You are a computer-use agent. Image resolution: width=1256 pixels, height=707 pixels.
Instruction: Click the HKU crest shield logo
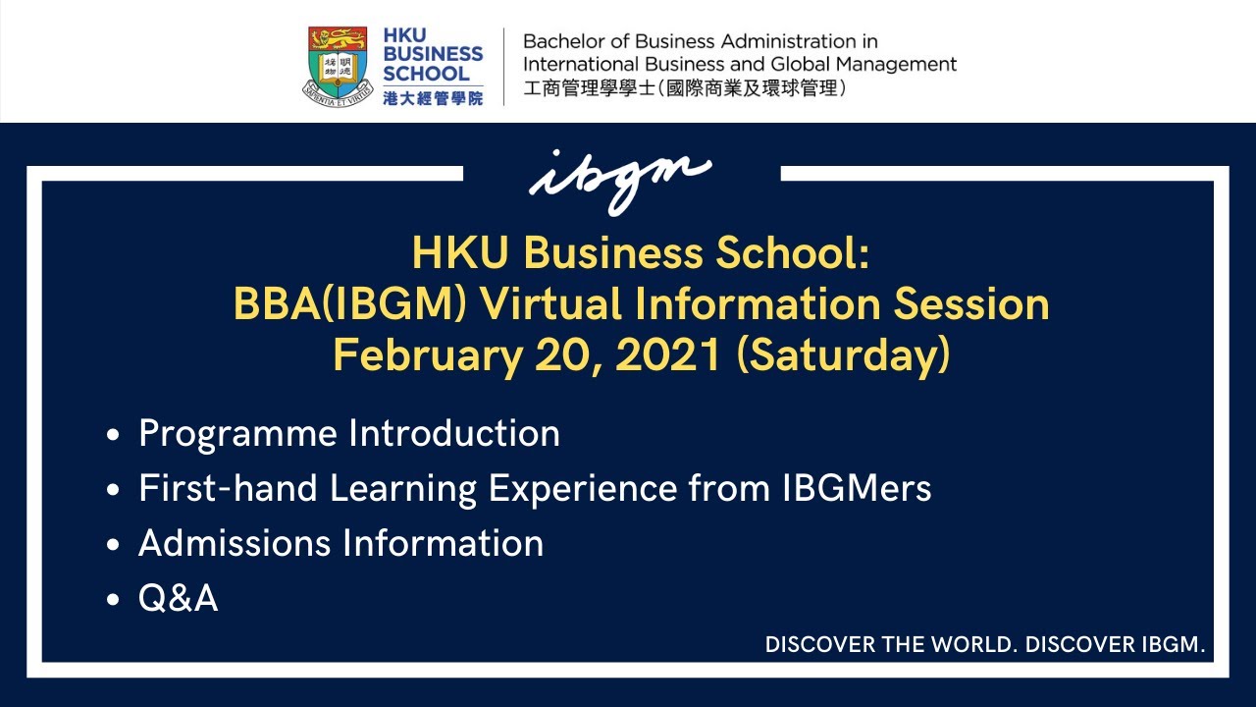pyautogui.click(x=338, y=65)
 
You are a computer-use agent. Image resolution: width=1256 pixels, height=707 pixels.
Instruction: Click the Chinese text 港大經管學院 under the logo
pyautogui.click(x=433, y=98)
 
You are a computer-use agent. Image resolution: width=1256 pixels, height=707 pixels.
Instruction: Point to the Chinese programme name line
pyautogui.click(x=685, y=89)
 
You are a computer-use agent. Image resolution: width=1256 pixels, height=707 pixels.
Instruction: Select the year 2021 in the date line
pyautogui.click(x=672, y=355)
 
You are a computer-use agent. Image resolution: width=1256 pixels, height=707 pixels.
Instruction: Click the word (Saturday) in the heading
pyautogui.click(x=843, y=355)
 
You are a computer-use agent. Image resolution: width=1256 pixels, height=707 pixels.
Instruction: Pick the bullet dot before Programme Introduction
pyautogui.click(x=115, y=435)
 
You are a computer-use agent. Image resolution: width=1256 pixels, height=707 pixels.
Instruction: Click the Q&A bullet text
pyautogui.click(x=179, y=598)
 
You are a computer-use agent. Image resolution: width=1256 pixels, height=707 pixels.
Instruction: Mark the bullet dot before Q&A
pyautogui.click(x=115, y=599)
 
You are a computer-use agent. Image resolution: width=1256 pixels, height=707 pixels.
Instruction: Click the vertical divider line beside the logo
pyautogui.click(x=504, y=66)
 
